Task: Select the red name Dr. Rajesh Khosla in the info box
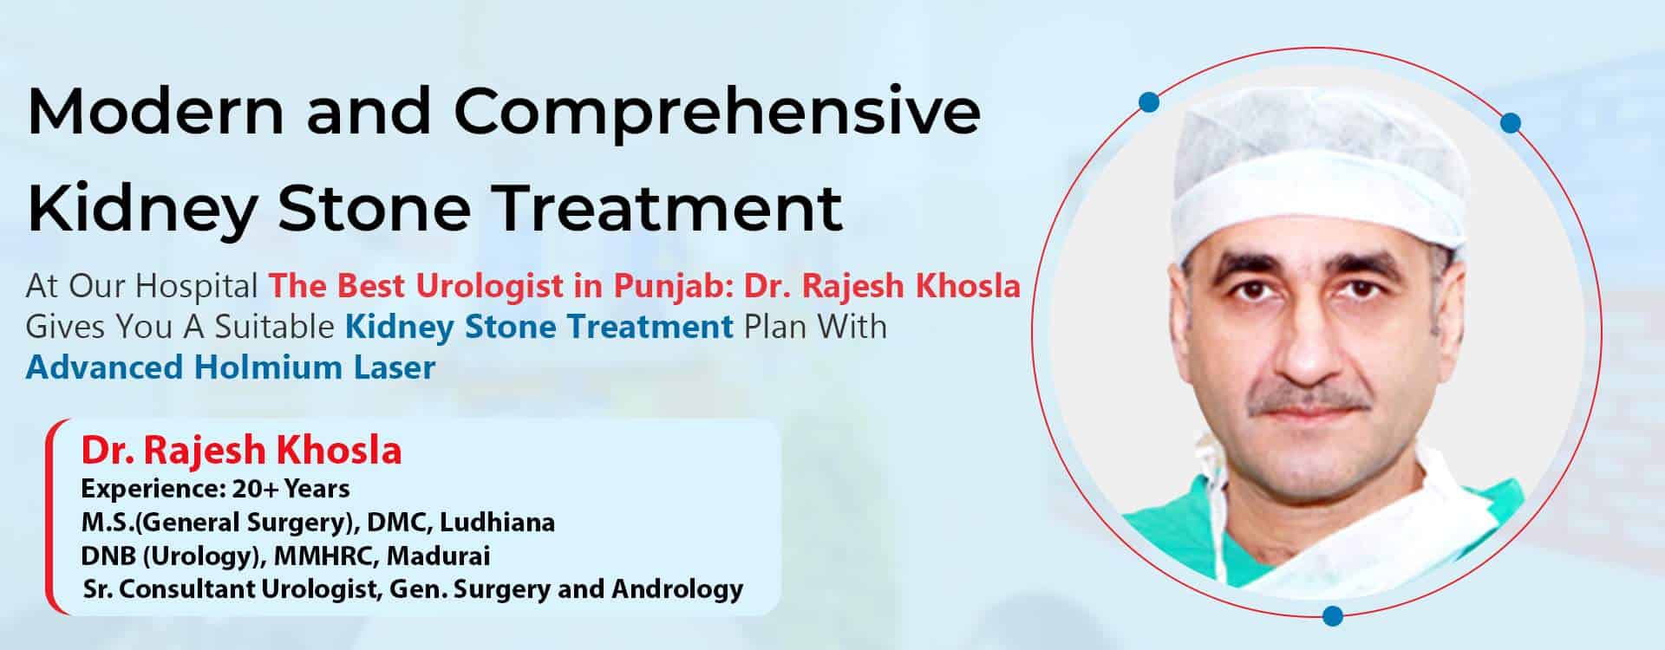pos(241,451)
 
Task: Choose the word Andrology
pos(677,589)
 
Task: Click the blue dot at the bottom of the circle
pos(1333,615)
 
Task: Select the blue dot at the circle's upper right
pos(1510,122)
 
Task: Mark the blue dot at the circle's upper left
pos(1150,102)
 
